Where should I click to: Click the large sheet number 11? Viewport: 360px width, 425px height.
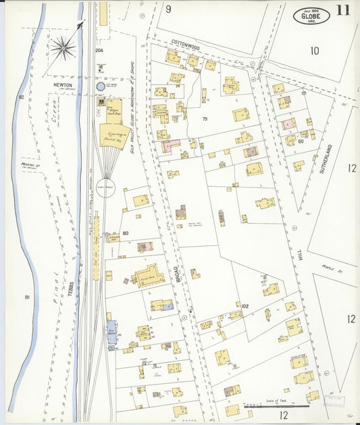pos(342,11)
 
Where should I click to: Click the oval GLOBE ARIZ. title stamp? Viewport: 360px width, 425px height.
pos(311,16)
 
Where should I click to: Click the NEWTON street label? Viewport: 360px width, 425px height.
pos(63,85)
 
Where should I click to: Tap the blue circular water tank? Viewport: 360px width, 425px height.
pos(101,86)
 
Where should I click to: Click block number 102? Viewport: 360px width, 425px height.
pos(245,306)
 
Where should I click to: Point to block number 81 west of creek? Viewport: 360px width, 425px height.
pos(27,297)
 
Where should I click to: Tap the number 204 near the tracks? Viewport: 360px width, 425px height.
pos(99,51)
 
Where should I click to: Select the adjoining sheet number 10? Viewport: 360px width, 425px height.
pos(314,51)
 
